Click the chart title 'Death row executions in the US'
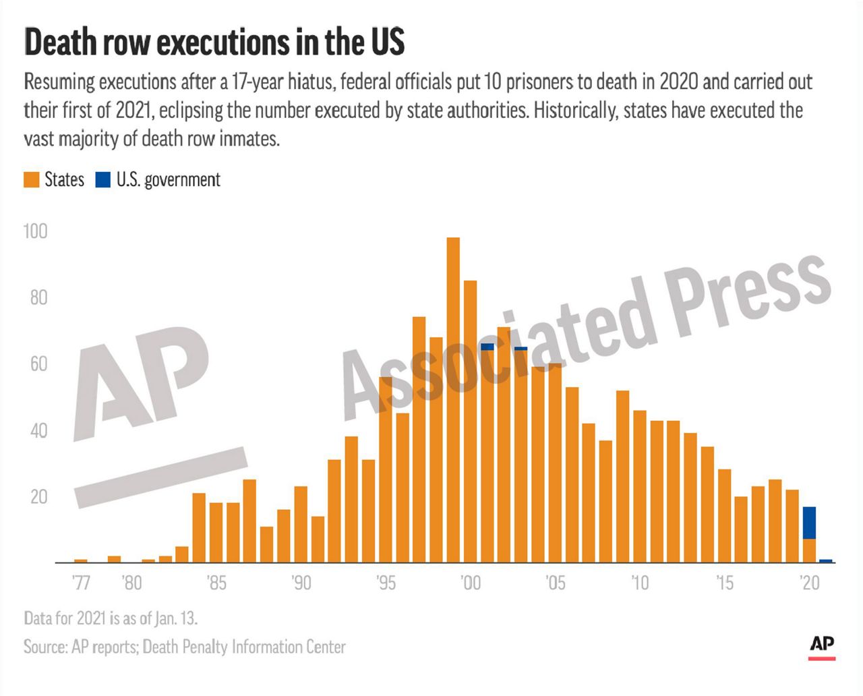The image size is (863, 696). click(214, 42)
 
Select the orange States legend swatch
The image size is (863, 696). click(32, 180)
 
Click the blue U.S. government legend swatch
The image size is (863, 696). click(103, 180)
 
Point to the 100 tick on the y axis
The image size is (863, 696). click(36, 231)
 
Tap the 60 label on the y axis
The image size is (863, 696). click(38, 364)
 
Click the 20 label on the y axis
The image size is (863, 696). click(38, 497)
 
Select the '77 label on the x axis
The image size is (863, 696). click(81, 582)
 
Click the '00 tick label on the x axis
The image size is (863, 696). click(470, 582)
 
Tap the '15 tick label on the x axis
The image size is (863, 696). click(724, 582)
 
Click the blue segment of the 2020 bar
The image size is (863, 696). click(809, 523)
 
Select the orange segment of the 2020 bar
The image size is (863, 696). click(809, 550)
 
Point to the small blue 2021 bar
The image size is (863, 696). click(826, 560)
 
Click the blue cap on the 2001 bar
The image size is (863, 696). click(487, 347)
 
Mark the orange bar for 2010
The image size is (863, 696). click(640, 486)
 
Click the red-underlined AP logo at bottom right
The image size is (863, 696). click(822, 647)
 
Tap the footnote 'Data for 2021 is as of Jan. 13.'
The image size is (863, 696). click(111, 618)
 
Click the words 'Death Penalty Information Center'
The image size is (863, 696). click(244, 647)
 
